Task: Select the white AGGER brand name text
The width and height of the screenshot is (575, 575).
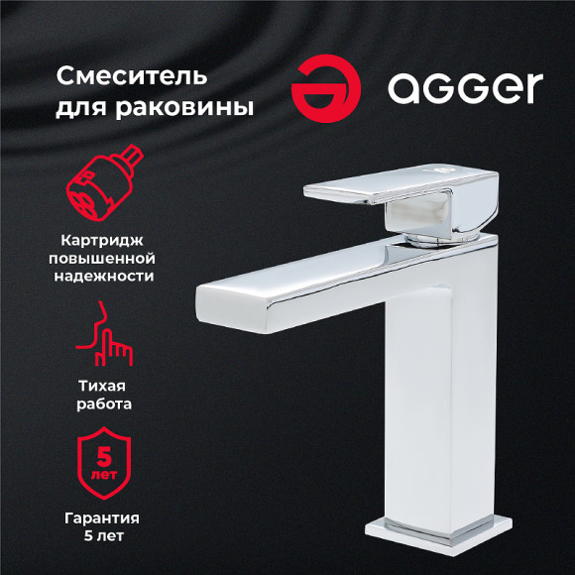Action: (465, 88)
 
